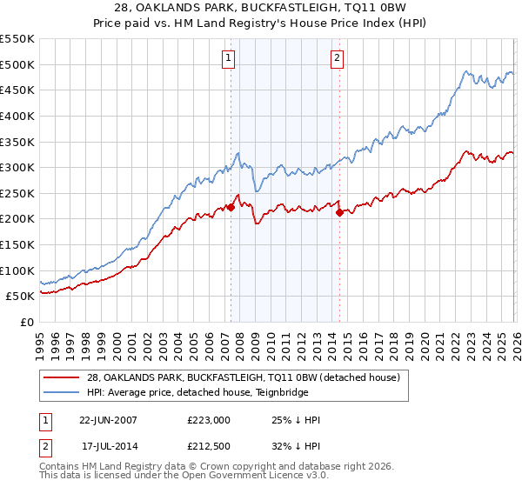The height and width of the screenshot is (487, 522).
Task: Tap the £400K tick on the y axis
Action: tap(17, 116)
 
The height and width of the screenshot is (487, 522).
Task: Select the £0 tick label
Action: tap(28, 322)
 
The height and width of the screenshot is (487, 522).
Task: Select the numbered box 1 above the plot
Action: tap(228, 58)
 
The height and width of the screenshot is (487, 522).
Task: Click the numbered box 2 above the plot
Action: tap(337, 58)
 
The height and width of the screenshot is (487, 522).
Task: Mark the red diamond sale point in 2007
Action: tap(231, 207)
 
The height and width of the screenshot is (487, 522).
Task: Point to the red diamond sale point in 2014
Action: tap(339, 212)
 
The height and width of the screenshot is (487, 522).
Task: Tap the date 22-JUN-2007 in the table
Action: tap(108, 419)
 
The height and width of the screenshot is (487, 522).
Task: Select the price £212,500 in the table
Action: tap(207, 449)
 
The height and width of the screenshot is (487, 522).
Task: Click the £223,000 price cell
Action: tap(207, 419)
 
